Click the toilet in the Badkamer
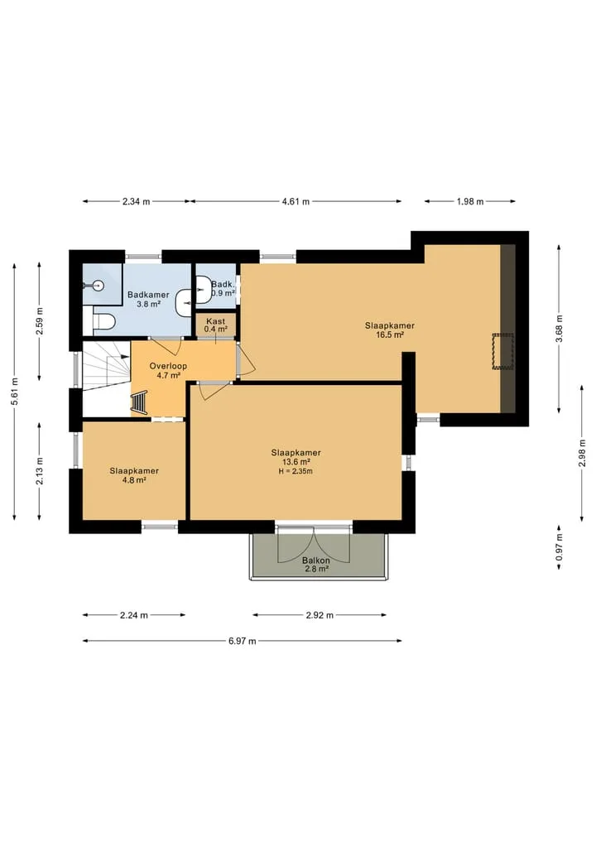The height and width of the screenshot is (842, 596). (104, 322)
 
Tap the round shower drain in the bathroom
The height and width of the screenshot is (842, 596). (98, 285)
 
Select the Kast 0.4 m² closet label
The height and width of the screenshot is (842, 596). (216, 325)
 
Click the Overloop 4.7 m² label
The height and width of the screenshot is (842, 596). (168, 371)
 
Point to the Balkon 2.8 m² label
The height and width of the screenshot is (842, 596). (316, 565)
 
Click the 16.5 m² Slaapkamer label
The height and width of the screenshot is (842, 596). (390, 330)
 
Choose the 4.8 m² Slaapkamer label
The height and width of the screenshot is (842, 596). (134, 475)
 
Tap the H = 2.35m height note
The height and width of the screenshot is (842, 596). (296, 471)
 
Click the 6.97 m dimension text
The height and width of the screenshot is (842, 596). (243, 641)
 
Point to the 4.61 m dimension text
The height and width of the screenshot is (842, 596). (296, 202)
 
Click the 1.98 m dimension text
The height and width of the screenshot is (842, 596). (470, 202)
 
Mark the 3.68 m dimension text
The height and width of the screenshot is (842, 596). (560, 330)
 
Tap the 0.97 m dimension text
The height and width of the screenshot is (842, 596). (560, 547)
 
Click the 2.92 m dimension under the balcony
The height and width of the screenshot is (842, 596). (320, 615)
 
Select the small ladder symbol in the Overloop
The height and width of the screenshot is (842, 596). (139, 402)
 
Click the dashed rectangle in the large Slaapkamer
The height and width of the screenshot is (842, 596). (503, 351)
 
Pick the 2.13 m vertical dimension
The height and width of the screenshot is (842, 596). (40, 471)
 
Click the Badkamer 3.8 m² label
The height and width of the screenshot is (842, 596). (148, 299)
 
